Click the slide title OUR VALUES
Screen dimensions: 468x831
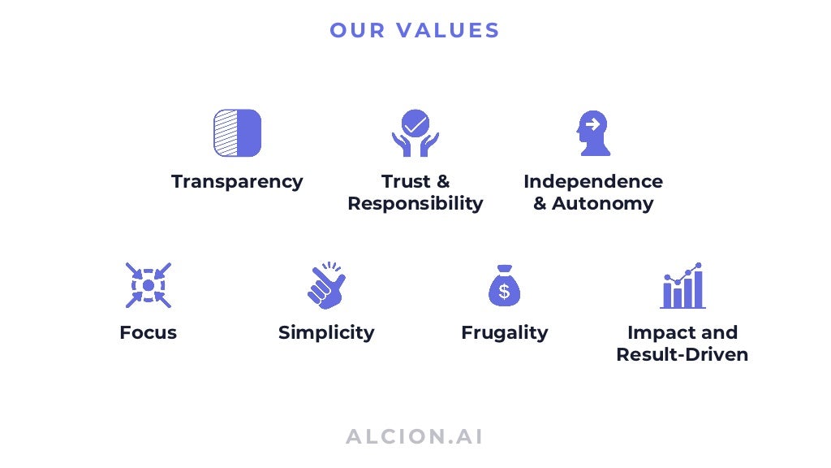415,31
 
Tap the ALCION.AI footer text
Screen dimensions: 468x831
415,436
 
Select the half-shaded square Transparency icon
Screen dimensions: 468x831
237,133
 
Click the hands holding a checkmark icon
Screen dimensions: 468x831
415,133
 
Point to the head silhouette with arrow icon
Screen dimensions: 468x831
592,133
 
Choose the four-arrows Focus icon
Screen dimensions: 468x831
148,285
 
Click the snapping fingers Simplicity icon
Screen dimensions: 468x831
326,285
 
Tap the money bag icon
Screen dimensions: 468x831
504,286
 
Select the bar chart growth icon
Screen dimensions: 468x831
682,286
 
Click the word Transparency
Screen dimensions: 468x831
237,181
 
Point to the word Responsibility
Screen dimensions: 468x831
415,203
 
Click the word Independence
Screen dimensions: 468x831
592,181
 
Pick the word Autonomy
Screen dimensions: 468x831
602,203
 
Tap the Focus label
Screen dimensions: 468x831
148,332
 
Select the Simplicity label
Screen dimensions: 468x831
326,332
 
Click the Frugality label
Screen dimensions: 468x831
504,332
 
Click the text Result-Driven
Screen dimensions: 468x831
682,354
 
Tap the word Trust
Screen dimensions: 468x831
404,181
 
